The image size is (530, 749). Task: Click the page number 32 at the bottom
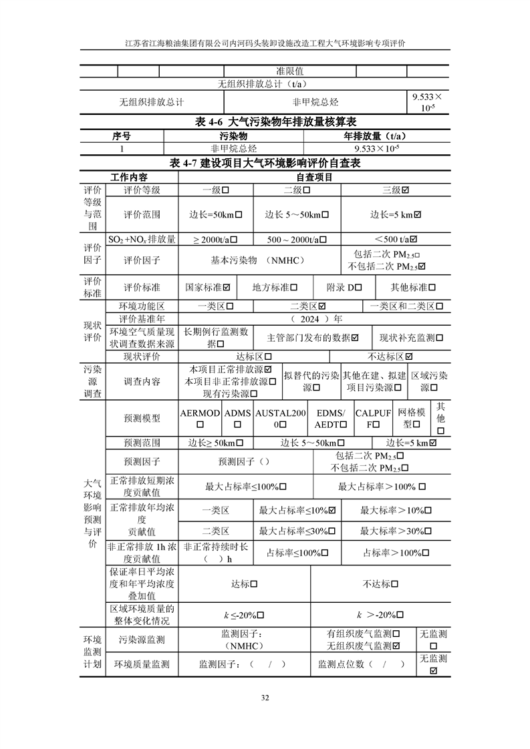265,698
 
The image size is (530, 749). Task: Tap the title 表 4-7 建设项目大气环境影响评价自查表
265,164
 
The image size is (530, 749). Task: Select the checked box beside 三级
405,190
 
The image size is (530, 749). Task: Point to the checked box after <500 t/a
414,239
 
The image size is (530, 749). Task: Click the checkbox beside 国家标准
227,287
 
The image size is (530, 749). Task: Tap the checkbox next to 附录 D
359,287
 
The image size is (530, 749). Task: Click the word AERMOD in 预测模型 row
200,413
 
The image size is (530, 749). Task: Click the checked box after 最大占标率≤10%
332,510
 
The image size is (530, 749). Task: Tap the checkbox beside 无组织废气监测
396,646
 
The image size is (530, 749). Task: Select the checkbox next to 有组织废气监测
396,634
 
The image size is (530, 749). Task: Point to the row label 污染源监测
141,640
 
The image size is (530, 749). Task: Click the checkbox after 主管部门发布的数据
354,338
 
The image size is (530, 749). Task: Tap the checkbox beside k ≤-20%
261,615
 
